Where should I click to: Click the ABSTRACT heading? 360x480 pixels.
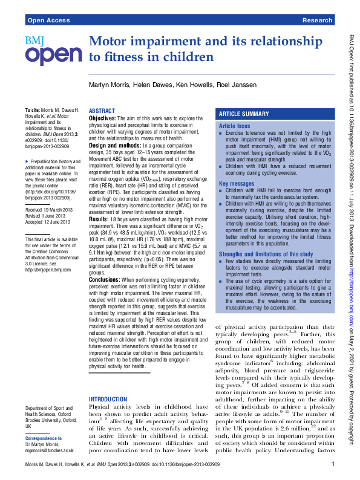click(102, 111)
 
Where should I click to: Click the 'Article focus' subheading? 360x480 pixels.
click(234, 126)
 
